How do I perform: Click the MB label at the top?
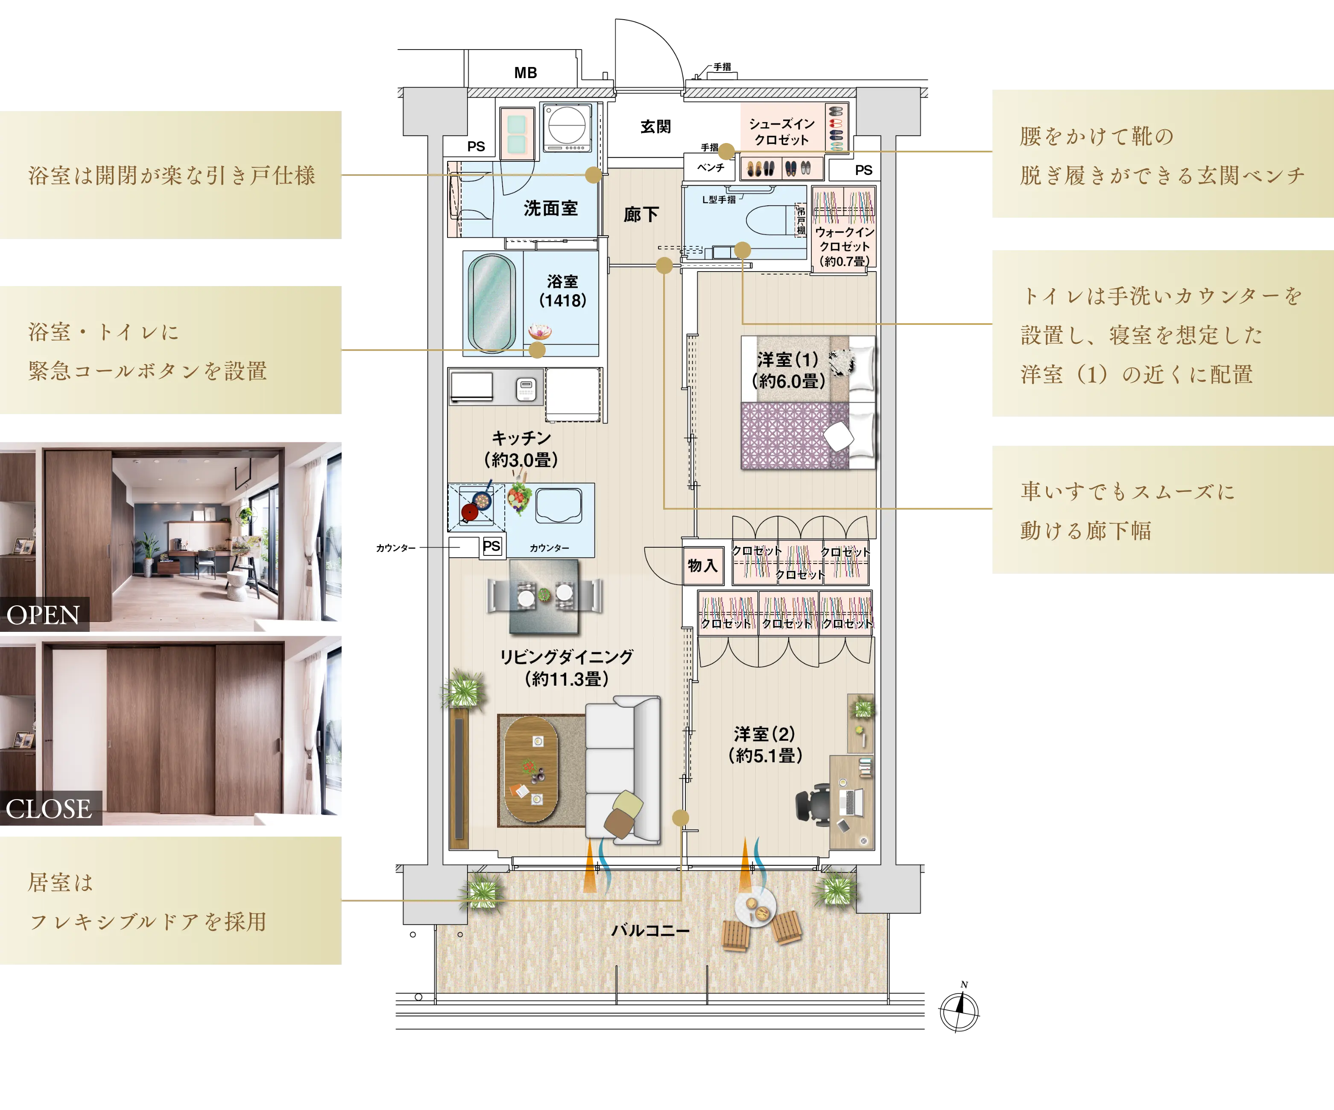click(x=525, y=73)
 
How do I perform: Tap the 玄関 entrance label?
click(x=655, y=126)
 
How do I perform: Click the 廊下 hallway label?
click(x=641, y=215)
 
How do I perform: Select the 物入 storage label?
click(x=702, y=565)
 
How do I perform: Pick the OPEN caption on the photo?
click(x=43, y=615)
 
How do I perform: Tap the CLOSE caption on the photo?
click(x=49, y=808)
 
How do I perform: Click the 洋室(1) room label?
click(x=788, y=360)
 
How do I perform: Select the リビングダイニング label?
click(x=567, y=657)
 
